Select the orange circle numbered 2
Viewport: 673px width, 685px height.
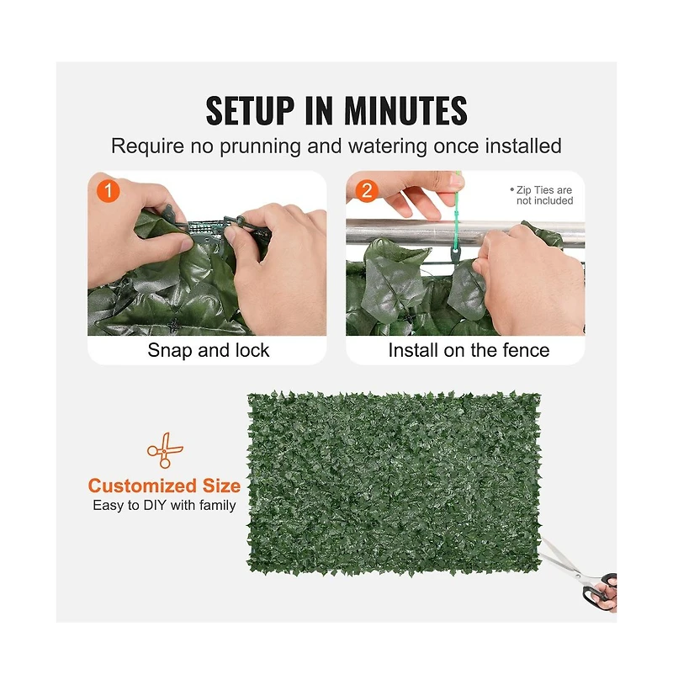(367, 190)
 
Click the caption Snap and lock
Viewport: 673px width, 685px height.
(208, 350)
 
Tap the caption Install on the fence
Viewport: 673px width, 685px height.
(468, 350)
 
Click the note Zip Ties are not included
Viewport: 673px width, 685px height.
(543, 196)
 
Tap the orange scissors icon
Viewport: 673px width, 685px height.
(164, 451)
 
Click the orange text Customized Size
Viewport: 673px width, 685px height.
(164, 486)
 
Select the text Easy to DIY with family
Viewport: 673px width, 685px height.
(164, 506)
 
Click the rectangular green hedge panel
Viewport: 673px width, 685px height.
(394, 483)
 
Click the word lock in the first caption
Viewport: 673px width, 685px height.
(251, 350)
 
